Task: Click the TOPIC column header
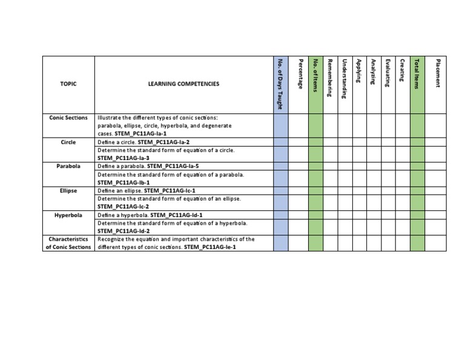pos(68,84)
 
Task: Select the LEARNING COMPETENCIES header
pos(183,84)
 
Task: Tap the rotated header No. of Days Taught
pos(280,84)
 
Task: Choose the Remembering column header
pos(330,78)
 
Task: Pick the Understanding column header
pos(345,79)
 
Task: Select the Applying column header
pos(359,72)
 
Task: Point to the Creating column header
pos(403,72)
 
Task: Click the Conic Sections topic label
pos(68,118)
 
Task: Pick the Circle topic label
pos(68,141)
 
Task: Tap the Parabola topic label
pos(68,165)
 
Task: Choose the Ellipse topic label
pos(68,190)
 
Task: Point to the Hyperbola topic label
pos(68,215)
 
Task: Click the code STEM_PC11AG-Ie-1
pos(209,247)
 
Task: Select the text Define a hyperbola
pos(123,215)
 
